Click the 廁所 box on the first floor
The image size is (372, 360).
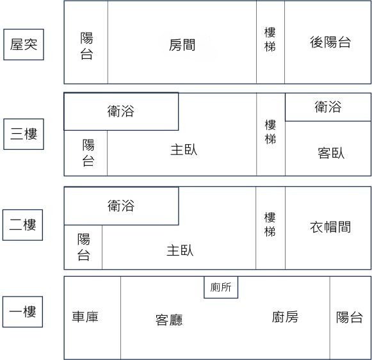(x=221, y=287)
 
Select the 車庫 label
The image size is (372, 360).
(x=85, y=317)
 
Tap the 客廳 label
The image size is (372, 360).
(x=169, y=320)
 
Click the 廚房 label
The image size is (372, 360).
(x=285, y=317)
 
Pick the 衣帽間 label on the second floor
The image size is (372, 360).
(x=330, y=227)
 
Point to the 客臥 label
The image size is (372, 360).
(x=331, y=153)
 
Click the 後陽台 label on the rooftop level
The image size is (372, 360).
(x=330, y=42)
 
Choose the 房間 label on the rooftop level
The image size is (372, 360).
(x=182, y=45)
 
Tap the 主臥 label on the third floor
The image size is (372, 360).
(x=184, y=150)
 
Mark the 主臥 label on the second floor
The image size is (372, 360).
(x=180, y=250)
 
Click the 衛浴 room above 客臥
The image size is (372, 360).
(x=328, y=107)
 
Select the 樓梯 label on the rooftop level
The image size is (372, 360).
(x=270, y=39)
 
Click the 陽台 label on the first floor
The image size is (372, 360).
(x=349, y=317)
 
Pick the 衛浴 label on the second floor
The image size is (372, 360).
(x=121, y=206)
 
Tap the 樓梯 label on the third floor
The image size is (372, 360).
(x=270, y=132)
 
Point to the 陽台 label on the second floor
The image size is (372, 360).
(x=83, y=247)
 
